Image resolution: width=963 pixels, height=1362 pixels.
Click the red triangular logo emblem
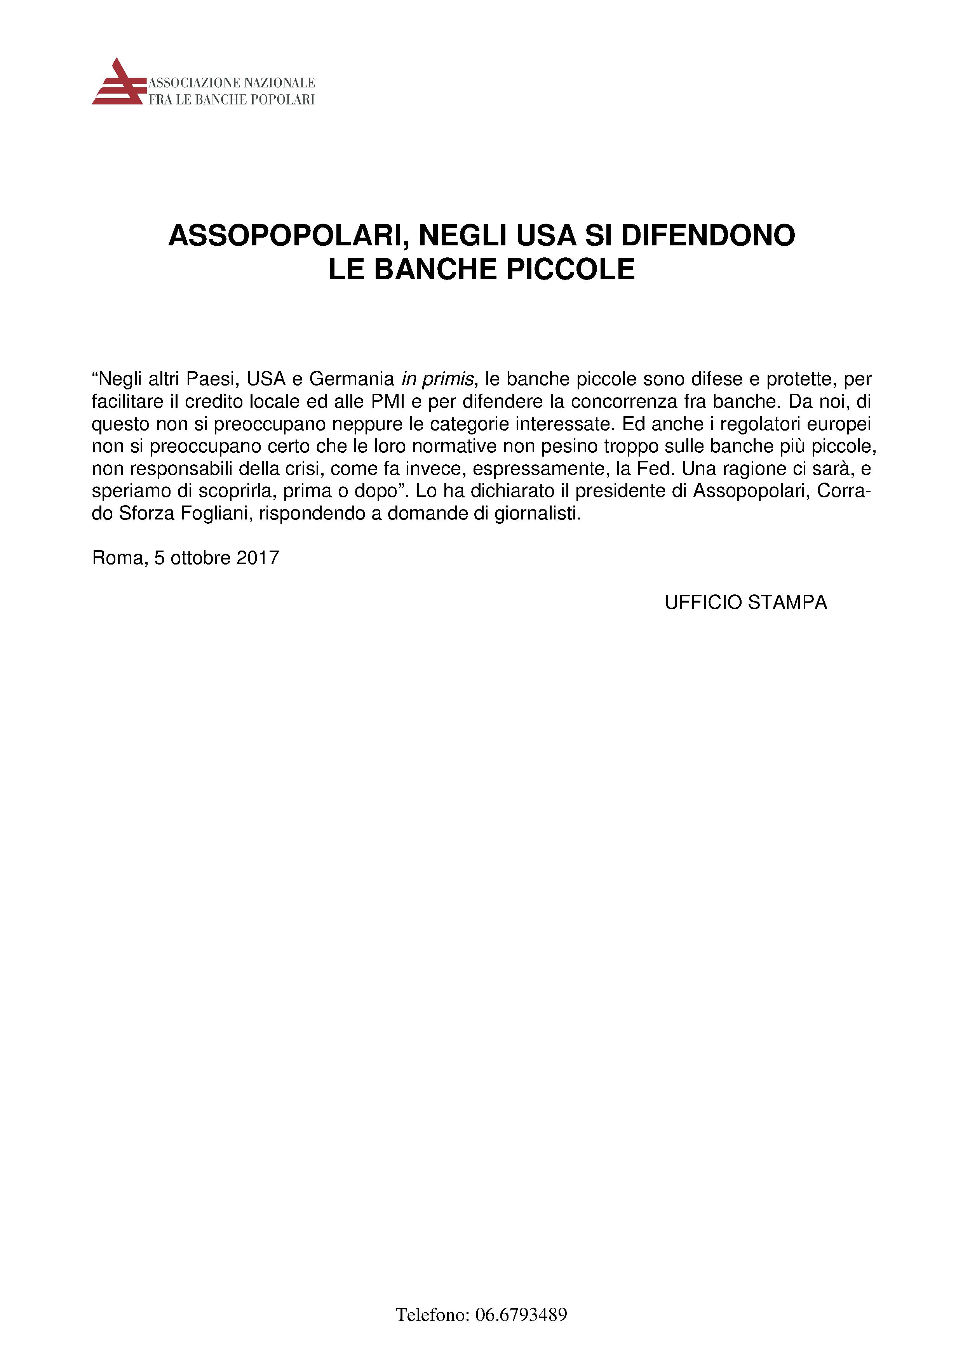coord(118,83)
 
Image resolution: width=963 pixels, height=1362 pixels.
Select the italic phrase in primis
coord(438,379)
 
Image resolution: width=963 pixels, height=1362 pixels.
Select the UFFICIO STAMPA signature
coord(745,603)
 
